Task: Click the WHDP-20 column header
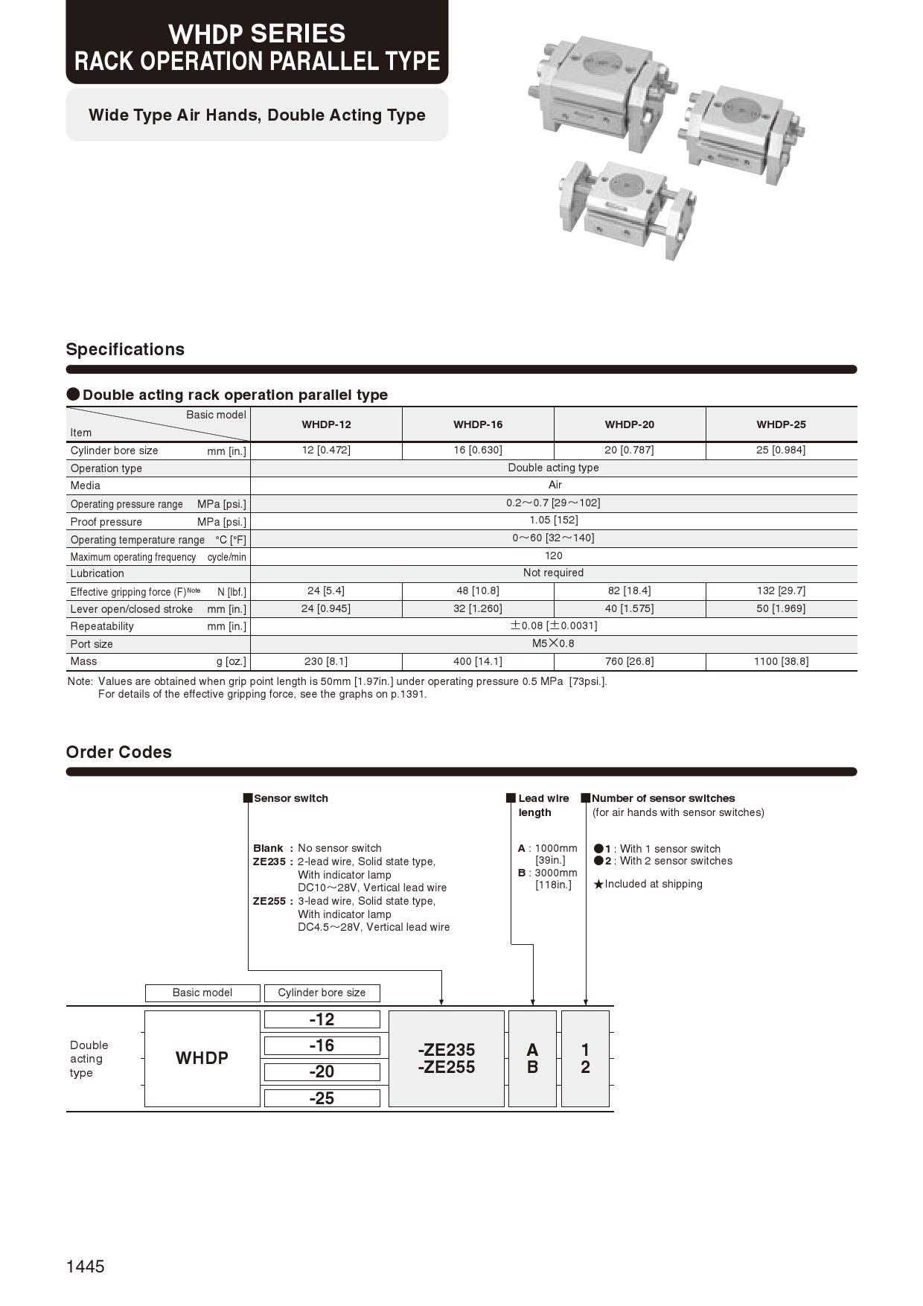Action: (x=629, y=424)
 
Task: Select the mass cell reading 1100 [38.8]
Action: (x=781, y=661)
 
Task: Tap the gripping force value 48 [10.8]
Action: (x=478, y=590)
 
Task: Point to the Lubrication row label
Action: (x=98, y=573)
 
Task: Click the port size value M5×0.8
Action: (x=553, y=643)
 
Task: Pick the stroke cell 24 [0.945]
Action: (x=326, y=608)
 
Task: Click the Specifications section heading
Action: (x=125, y=349)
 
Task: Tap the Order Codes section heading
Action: (x=119, y=752)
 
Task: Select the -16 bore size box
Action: (x=322, y=1045)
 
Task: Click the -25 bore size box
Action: (x=322, y=1098)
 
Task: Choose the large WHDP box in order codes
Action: (x=202, y=1058)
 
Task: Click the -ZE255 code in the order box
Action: (x=447, y=1068)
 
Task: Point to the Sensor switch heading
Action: (x=290, y=798)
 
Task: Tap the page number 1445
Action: (x=86, y=1267)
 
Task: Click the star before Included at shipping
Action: (x=598, y=885)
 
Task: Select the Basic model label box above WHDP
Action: (x=202, y=993)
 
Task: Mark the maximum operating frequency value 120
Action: (x=553, y=555)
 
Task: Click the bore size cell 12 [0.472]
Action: (x=326, y=450)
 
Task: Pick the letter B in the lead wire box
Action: (x=532, y=1068)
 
